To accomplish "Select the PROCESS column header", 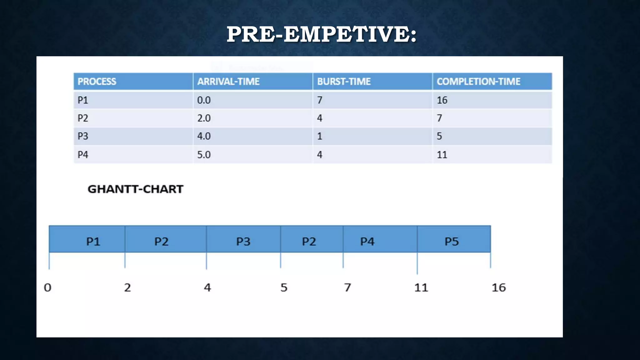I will point(97,82).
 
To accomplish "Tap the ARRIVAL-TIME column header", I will point(228,82).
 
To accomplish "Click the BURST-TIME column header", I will point(344,82).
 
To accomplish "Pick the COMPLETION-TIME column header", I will point(478,82).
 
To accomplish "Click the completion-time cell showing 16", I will point(442,100).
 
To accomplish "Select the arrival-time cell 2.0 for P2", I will point(204,118).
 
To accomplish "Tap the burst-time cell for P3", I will point(319,136).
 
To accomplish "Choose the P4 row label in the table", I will point(83,155).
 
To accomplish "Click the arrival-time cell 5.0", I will point(204,155).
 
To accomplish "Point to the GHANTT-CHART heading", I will point(135,189).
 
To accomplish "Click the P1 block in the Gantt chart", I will point(93,241).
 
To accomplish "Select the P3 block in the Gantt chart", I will point(243,241).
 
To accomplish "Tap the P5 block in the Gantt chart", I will point(452,241).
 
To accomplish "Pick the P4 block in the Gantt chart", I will point(367,241).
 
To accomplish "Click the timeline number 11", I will point(421,287).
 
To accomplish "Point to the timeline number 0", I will point(47,287).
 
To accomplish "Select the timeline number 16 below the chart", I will point(498,287).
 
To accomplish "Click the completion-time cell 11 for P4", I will point(442,155).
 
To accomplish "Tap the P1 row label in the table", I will point(83,100).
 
